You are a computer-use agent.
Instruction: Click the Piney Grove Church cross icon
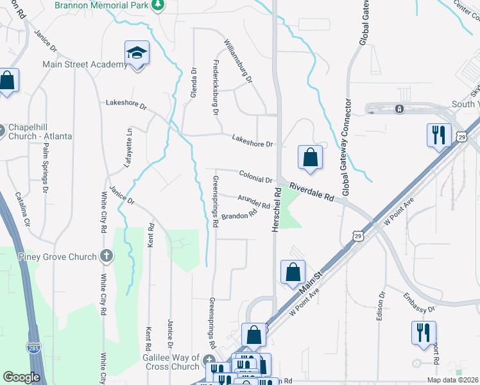pos(107,257)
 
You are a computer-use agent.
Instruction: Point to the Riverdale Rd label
pos(312,191)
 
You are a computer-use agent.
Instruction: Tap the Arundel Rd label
pos(253,201)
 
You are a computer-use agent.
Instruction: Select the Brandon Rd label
pos(243,216)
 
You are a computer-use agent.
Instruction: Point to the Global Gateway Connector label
pos(348,148)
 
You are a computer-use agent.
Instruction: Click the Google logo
pos(21,377)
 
